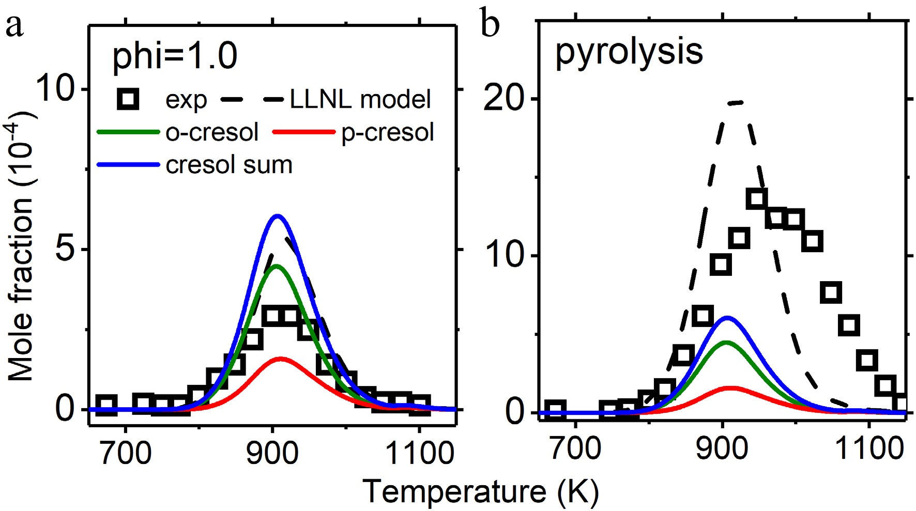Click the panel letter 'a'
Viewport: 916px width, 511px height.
click(x=14, y=26)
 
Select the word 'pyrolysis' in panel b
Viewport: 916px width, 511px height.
click(x=629, y=51)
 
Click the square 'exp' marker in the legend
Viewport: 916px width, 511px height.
click(x=128, y=99)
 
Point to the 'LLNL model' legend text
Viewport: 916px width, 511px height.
click(x=360, y=99)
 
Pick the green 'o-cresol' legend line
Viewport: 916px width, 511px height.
click(x=128, y=133)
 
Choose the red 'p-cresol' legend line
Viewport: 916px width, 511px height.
click(x=303, y=133)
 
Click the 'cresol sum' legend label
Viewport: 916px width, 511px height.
click(x=229, y=165)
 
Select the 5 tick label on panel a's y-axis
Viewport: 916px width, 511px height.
click(x=66, y=250)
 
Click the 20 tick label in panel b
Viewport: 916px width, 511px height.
click(x=505, y=98)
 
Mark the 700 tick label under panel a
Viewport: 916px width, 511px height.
click(x=126, y=453)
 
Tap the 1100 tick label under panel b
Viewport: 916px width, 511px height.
click(x=869, y=447)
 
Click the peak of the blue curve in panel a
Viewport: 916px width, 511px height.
click(x=278, y=215)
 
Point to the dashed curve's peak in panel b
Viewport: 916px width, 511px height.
click(x=736, y=103)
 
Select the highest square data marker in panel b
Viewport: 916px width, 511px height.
click(x=757, y=198)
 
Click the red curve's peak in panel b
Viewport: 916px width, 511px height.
click(x=730, y=388)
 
